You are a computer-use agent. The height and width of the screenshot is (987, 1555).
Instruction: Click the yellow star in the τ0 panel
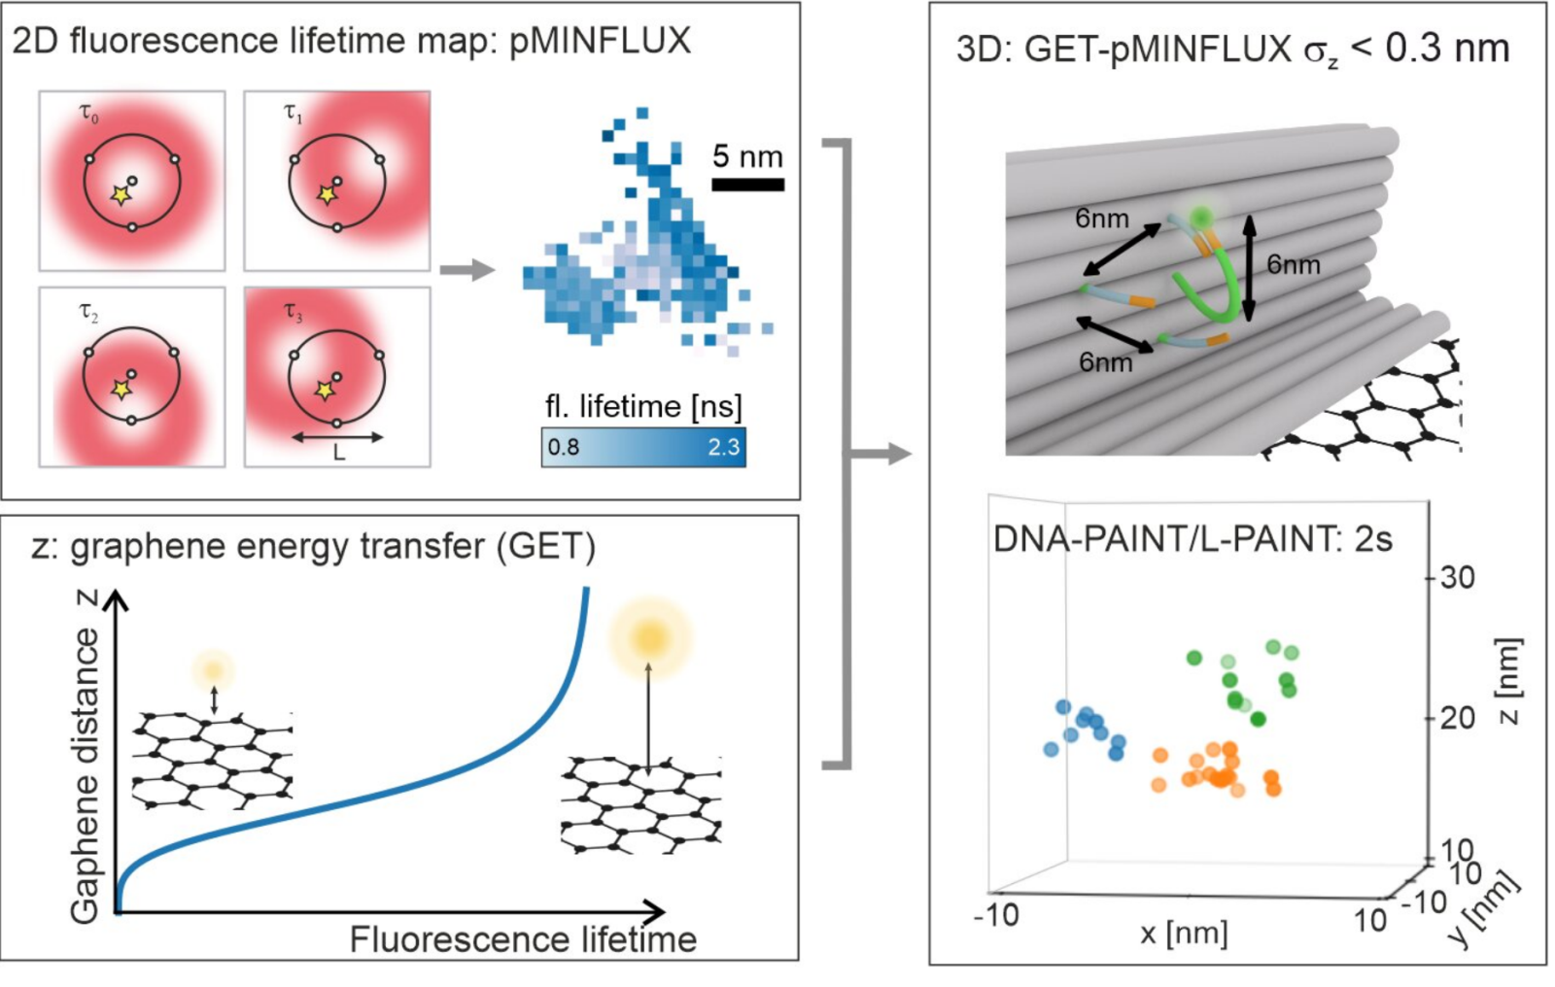point(121,195)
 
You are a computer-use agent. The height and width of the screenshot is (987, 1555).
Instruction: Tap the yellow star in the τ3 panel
point(325,391)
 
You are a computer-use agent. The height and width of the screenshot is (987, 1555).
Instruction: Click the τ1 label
point(294,113)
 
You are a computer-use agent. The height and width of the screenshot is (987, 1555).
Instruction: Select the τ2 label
point(88,313)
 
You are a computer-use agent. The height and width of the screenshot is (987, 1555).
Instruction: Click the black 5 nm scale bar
point(748,185)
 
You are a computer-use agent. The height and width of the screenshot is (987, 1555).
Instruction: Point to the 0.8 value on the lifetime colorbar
point(564,446)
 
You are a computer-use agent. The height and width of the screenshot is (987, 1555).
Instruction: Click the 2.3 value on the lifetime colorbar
point(723,446)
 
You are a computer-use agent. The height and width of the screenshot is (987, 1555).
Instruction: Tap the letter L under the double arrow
point(339,453)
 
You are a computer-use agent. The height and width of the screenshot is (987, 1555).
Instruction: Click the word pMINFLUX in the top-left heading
point(600,40)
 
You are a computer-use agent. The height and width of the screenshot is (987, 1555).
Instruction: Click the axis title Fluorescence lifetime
point(524,939)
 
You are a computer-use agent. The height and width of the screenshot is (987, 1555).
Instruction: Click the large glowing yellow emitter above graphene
point(650,635)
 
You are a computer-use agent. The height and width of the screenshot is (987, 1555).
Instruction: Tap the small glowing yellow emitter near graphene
point(214,669)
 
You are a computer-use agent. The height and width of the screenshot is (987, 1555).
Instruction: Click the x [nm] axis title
point(1184,934)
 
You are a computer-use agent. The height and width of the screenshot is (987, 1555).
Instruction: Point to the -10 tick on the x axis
point(997,915)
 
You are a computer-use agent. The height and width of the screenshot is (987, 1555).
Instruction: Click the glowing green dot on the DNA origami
point(1200,218)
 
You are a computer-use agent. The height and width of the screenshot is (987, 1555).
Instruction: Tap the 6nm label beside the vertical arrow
point(1294,264)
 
